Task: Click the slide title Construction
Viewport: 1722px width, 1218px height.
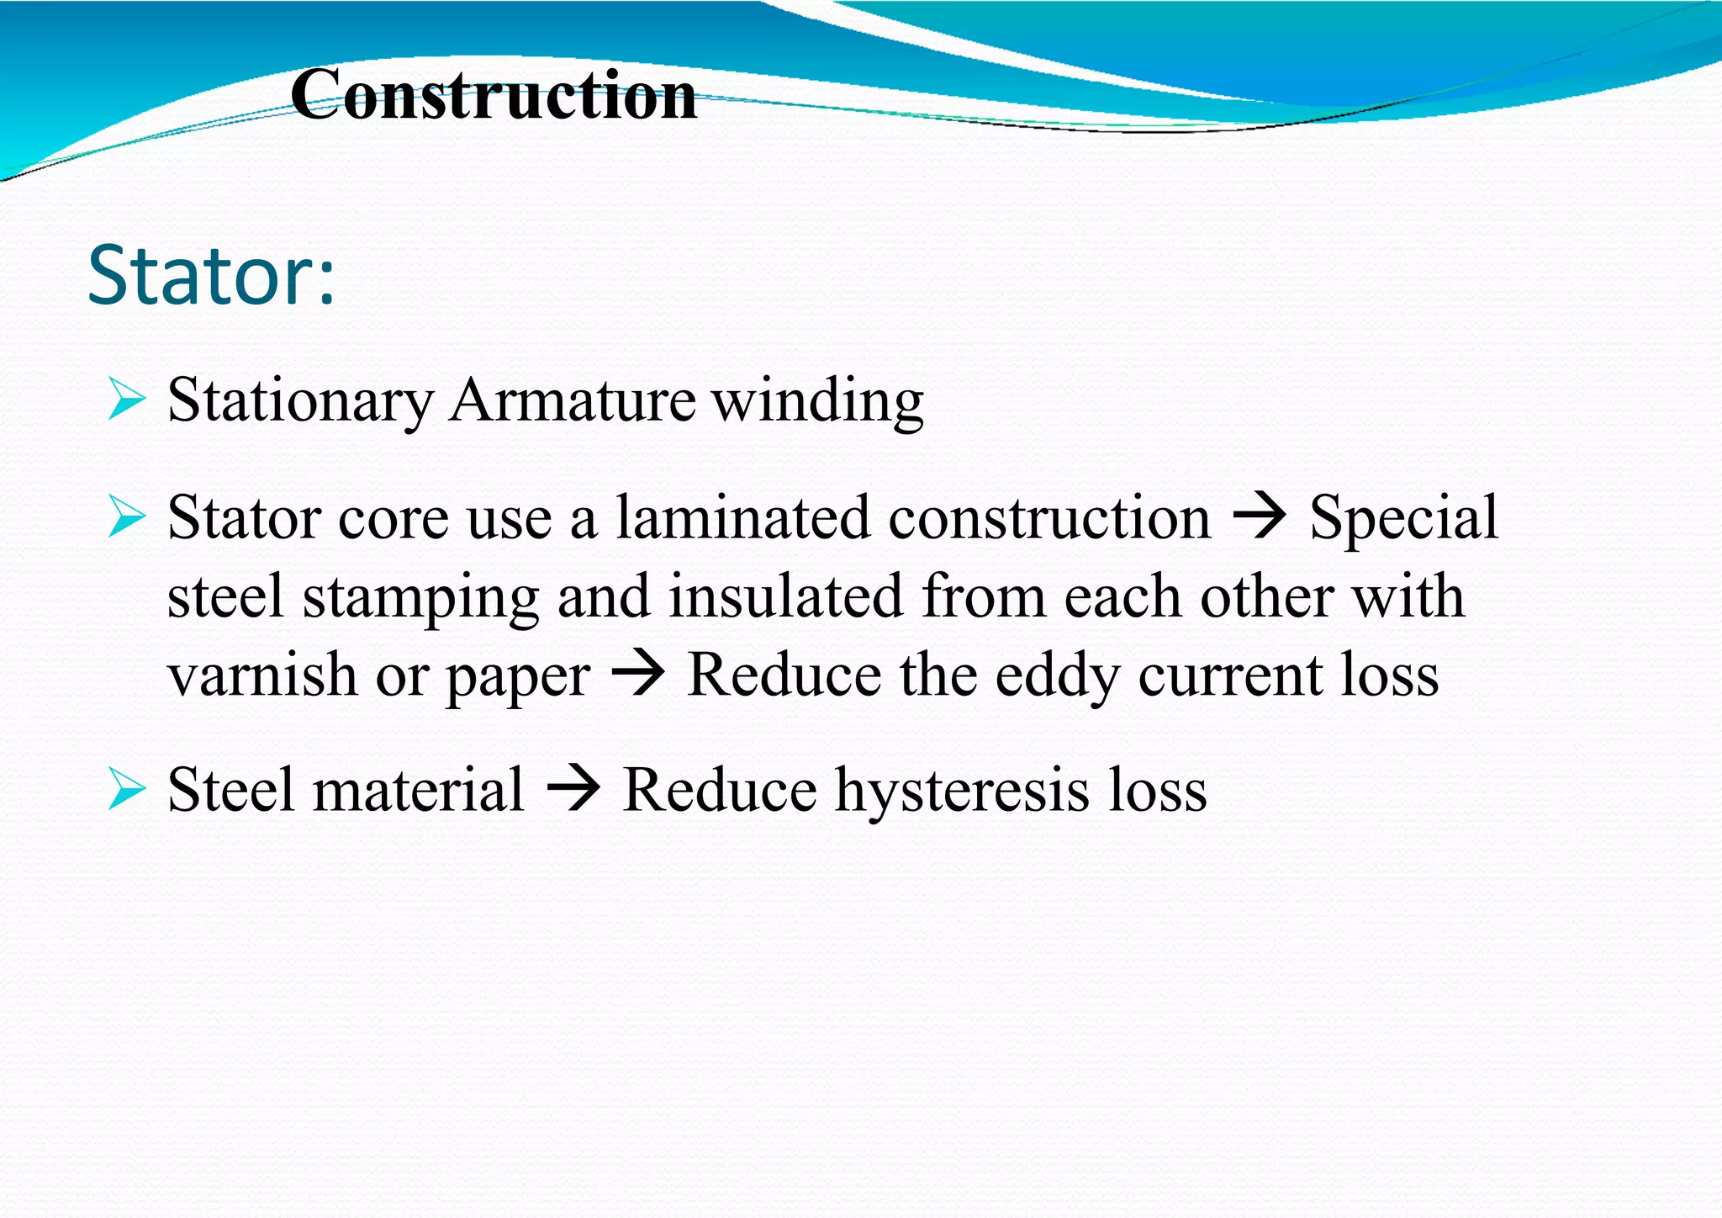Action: pyautogui.click(x=494, y=95)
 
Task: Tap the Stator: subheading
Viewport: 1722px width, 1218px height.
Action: pyautogui.click(x=211, y=275)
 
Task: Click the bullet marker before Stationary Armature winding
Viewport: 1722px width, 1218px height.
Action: pyautogui.click(x=127, y=400)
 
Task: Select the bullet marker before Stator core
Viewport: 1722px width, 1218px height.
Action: pyautogui.click(x=127, y=516)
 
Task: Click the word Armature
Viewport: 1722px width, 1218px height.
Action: pyautogui.click(x=572, y=400)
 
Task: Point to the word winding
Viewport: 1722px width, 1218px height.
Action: pyautogui.click(x=818, y=401)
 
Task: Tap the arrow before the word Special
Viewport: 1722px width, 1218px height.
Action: pyautogui.click(x=1259, y=516)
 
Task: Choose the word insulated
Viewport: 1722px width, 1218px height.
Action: pyautogui.click(x=785, y=596)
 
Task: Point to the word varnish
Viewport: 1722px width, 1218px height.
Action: pyautogui.click(x=261, y=675)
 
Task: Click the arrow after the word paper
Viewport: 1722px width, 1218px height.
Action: pyautogui.click(x=638, y=675)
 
